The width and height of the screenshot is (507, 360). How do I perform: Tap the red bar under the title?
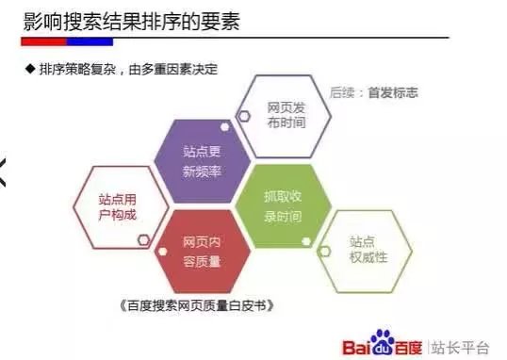point(46,42)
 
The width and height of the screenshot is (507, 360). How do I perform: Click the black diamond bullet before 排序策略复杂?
point(30,70)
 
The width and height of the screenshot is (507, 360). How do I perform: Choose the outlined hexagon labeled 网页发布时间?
point(285,115)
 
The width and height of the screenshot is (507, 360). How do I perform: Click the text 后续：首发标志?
point(373,93)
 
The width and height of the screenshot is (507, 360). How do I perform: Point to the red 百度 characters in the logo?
point(410,346)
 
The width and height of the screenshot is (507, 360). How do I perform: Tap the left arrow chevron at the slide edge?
point(5,173)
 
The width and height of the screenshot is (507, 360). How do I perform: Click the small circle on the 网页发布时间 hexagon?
point(243,115)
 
